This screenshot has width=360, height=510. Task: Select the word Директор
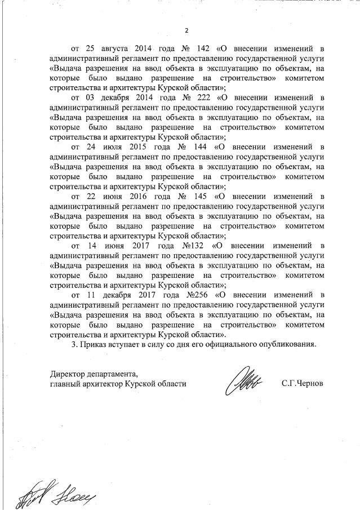[x=67, y=374]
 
